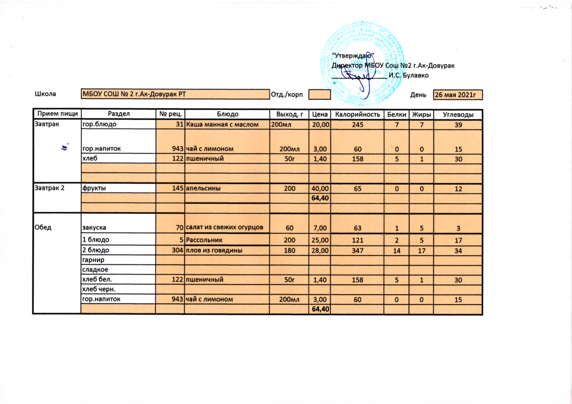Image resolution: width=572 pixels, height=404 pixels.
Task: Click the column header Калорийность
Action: click(357, 114)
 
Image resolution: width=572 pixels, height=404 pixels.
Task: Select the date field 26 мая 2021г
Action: click(458, 95)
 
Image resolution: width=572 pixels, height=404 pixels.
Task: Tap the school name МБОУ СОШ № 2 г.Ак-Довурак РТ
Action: click(134, 94)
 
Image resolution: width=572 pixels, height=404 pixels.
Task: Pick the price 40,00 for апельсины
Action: click(320, 189)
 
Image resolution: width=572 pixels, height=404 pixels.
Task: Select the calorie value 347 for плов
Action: click(357, 251)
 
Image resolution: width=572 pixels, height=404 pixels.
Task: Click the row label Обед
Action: click(44, 227)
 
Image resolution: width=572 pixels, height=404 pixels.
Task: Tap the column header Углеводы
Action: click(458, 114)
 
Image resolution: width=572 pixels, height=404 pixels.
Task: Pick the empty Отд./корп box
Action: click(320, 94)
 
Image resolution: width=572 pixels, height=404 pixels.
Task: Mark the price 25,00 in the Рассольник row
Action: click(320, 240)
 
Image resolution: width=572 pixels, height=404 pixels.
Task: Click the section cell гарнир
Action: click(93, 260)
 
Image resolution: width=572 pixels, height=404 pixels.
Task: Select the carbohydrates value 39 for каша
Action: click(458, 124)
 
